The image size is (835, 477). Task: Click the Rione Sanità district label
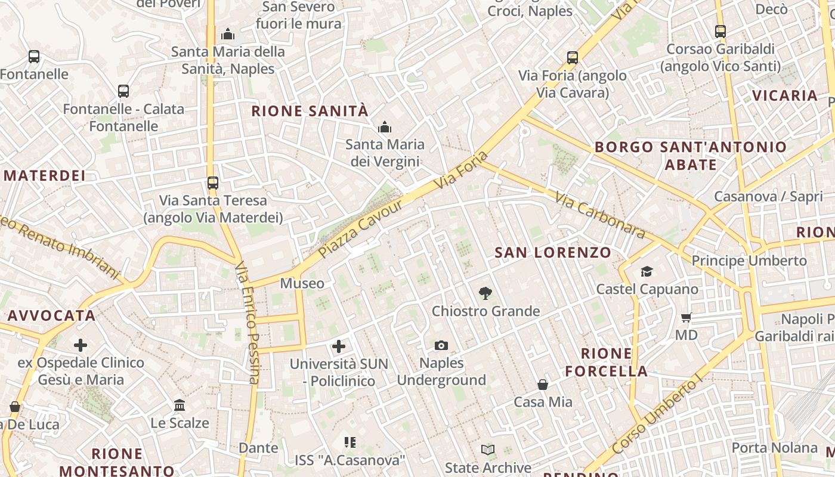coord(310,111)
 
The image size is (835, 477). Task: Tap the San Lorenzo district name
coord(553,252)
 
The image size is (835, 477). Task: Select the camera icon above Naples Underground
coord(441,345)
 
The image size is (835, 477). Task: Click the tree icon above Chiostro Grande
coord(485,293)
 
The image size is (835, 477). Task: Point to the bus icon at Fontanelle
coord(34,57)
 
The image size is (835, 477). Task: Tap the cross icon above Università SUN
coord(339,346)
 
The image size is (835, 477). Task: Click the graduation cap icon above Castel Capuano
coord(647,272)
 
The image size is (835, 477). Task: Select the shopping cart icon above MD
coord(686,317)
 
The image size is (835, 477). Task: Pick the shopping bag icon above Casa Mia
coord(543,385)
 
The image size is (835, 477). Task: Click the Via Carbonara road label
coord(599,215)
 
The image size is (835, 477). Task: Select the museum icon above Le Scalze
coord(180,405)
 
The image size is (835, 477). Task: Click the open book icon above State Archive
coord(488,450)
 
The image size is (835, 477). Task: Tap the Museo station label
coord(302,283)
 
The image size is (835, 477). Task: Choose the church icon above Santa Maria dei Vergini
coord(385,127)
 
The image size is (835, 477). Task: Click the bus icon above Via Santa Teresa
coord(213,183)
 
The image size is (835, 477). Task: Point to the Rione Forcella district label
coord(606,362)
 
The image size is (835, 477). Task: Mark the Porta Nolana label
coord(774,448)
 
